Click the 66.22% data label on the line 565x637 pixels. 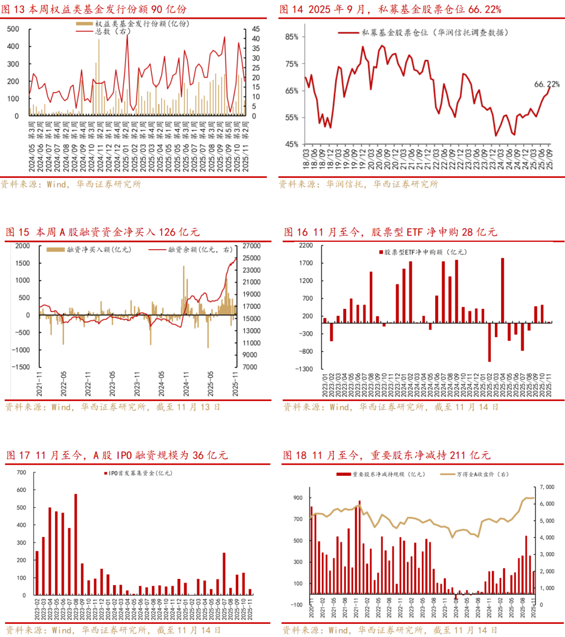(x=547, y=84)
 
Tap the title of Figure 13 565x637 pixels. (x=94, y=9)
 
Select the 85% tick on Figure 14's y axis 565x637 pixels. (x=291, y=37)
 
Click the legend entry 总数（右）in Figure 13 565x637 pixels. (x=112, y=31)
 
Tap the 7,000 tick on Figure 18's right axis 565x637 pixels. (x=547, y=487)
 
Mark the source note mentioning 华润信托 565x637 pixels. (x=358, y=184)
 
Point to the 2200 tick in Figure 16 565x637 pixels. (x=306, y=245)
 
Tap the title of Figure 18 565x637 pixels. (x=387, y=455)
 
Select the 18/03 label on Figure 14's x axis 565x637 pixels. (x=306, y=157)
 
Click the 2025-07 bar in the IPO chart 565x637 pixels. (x=224, y=574)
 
